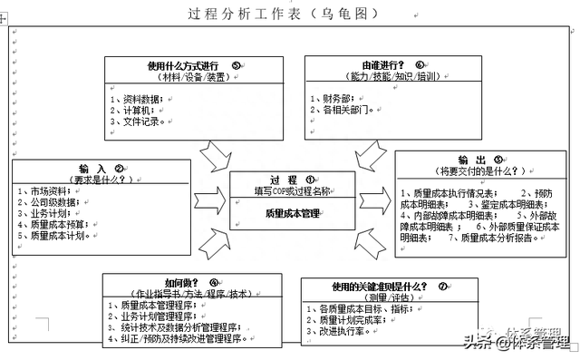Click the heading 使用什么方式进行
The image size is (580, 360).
pyautogui.click(x=184, y=65)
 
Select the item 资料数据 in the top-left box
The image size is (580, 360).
pyautogui.click(x=138, y=98)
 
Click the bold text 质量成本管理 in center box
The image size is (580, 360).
pyautogui.click(x=293, y=213)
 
